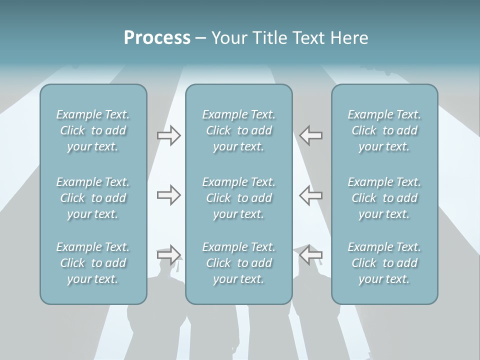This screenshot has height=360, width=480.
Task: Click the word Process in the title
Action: (x=157, y=38)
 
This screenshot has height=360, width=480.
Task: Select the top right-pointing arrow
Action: (x=168, y=135)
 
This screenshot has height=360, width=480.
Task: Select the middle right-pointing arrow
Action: (x=168, y=195)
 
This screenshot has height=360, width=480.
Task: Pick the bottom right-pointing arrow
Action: (x=168, y=254)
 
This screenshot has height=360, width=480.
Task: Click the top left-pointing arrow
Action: (x=311, y=135)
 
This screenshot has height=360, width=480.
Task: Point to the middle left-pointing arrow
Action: (x=311, y=195)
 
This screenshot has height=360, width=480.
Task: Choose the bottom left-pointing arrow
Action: (x=311, y=254)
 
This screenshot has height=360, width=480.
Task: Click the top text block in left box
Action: (x=93, y=130)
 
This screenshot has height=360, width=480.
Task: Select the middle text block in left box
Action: (x=93, y=198)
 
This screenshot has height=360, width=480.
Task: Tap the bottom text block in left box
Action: (x=93, y=263)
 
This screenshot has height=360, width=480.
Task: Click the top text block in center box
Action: (x=238, y=130)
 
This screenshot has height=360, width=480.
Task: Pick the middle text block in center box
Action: (x=238, y=198)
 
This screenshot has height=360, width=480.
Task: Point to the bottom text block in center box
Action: (x=238, y=263)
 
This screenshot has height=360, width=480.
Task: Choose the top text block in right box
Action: (x=384, y=130)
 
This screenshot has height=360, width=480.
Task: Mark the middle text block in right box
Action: (x=384, y=198)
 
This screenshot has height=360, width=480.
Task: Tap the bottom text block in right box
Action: (x=384, y=263)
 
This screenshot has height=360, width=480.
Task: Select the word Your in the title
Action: (x=228, y=38)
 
